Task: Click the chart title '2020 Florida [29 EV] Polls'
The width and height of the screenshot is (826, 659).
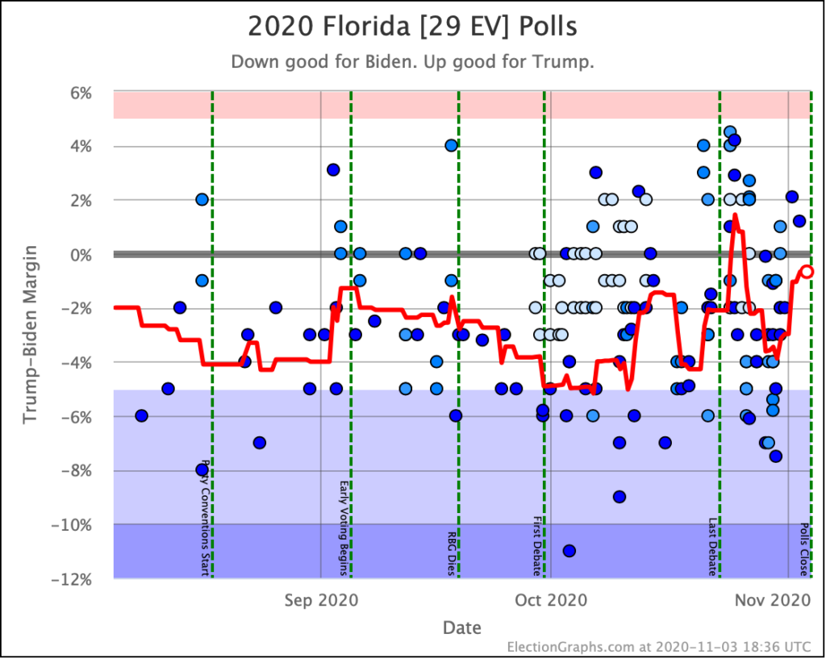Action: point(412,26)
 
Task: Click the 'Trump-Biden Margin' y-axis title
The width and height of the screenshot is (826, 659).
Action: point(30,336)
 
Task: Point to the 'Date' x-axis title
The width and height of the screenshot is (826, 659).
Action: point(462,628)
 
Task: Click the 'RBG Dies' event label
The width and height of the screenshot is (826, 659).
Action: point(452,553)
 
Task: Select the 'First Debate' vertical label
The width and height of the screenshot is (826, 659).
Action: point(536,546)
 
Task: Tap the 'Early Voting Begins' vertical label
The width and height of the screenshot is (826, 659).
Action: point(344,528)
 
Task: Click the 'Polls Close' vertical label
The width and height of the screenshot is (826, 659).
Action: point(804,549)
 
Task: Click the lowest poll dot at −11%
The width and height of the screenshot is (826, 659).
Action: point(569,551)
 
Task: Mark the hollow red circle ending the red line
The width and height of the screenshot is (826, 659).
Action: point(807,272)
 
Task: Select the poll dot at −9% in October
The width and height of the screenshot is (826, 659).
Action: point(619,497)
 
